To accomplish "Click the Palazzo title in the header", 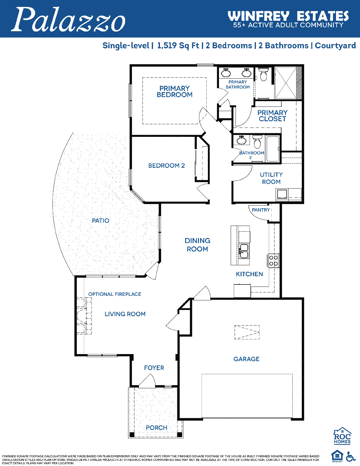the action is [68, 20].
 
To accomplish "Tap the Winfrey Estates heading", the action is [288, 16].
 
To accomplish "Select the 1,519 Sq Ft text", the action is [178, 46].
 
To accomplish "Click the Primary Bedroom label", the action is [175, 92].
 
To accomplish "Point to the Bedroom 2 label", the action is [166, 166].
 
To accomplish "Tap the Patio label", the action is [100, 221].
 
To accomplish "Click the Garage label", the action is [246, 359].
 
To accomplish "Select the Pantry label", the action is [261, 210].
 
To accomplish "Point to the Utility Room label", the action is [271, 178].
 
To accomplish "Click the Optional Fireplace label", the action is [115, 294].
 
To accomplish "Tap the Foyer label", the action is [154, 368].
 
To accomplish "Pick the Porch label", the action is [157, 428].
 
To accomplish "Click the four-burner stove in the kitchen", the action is [273, 260].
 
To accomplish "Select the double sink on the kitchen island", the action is [244, 251].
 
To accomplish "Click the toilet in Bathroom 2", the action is [257, 142].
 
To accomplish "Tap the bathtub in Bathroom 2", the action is [272, 149].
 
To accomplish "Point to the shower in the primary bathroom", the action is [286, 83].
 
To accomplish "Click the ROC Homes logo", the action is [342, 436].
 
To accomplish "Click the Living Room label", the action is [125, 314].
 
